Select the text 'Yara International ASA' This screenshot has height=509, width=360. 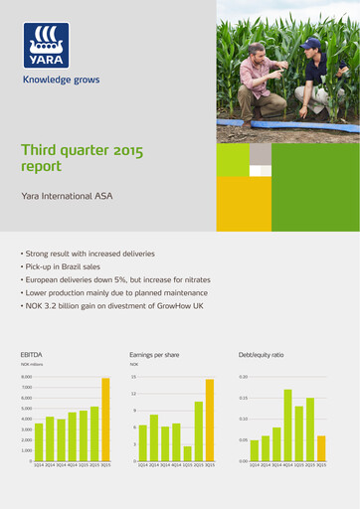click(67, 197)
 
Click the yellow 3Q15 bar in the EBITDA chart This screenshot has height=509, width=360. click(105, 419)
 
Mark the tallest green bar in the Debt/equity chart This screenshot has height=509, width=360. click(287, 424)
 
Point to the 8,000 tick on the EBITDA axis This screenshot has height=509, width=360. click(27, 378)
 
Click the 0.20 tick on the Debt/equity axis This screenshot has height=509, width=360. click(243, 378)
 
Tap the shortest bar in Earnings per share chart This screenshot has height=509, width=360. click(187, 453)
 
